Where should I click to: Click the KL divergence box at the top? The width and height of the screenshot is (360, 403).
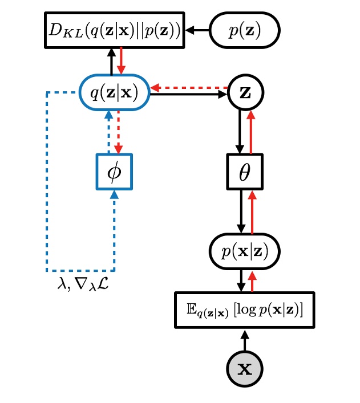[x=114, y=30]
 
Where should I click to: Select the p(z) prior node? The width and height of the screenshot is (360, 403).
[x=245, y=30]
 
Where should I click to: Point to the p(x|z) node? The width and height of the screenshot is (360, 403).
[x=245, y=250]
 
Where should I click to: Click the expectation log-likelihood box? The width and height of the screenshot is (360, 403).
[x=245, y=310]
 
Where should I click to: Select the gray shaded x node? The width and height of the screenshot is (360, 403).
[x=245, y=368]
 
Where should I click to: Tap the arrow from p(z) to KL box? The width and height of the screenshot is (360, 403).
[x=198, y=30]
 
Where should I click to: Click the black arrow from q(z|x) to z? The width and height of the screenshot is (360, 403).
[x=188, y=95]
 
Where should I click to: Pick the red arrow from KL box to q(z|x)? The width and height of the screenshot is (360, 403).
[x=120, y=62]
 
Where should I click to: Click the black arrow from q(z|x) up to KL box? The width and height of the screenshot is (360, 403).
[x=111, y=62]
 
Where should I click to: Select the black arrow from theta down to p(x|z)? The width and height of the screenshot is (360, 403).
[x=241, y=210]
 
